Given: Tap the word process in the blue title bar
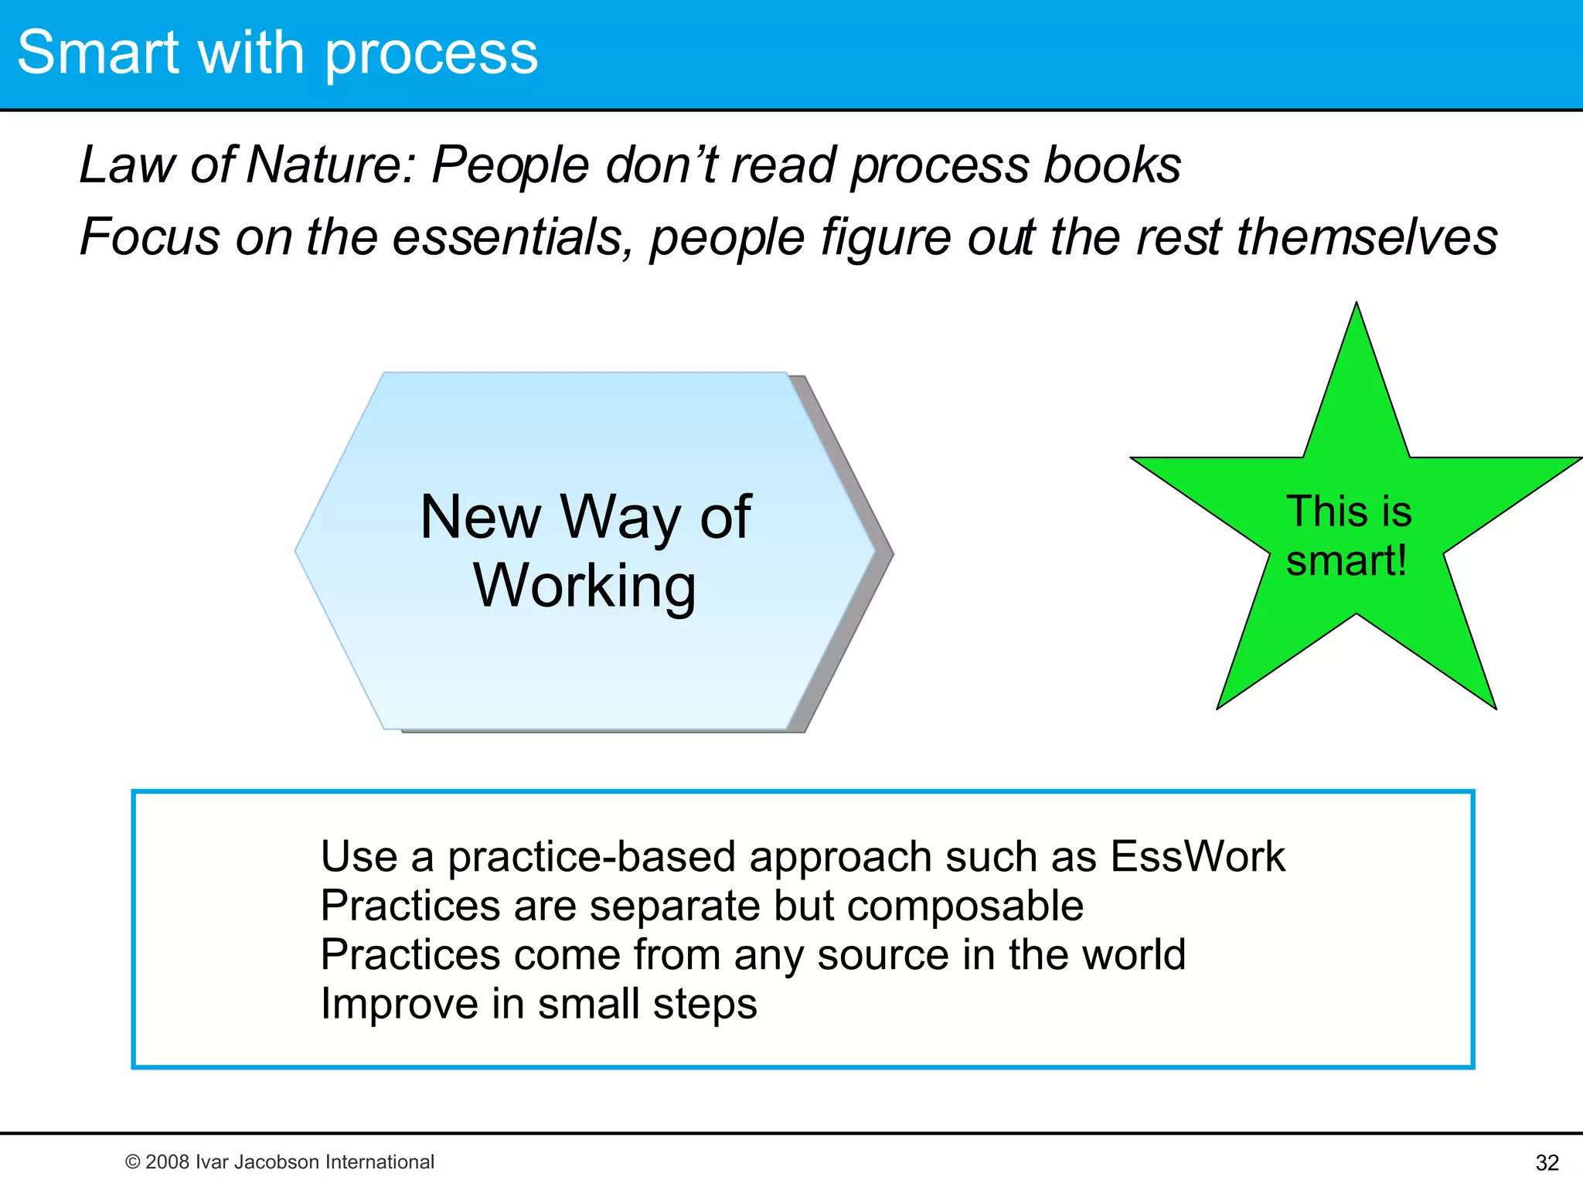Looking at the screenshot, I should [431, 56].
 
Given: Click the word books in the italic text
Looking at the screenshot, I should [1112, 165].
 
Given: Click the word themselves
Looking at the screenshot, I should [1367, 236].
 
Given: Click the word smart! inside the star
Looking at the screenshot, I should [1346, 560].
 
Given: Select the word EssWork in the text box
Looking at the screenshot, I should [1197, 856].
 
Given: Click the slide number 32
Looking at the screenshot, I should [1547, 1162].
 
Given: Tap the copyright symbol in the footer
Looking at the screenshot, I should [132, 1162].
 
